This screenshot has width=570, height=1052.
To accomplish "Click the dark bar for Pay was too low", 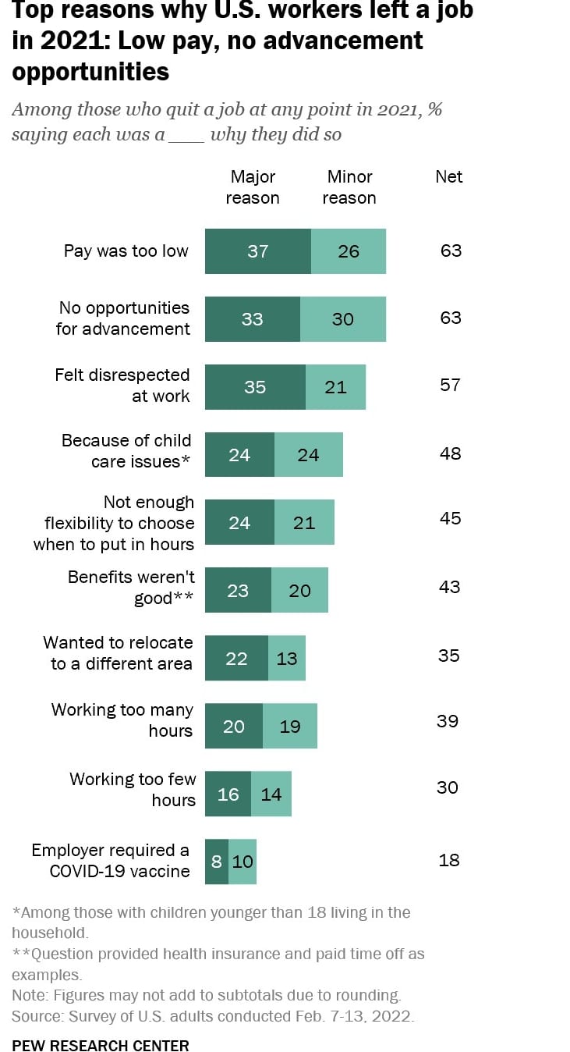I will click(257, 251).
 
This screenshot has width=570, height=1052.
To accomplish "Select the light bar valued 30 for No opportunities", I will click(342, 319).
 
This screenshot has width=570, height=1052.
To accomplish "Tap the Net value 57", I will click(450, 385).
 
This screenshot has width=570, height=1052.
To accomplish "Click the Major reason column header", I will click(252, 187).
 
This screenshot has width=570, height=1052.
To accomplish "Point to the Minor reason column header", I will click(349, 187).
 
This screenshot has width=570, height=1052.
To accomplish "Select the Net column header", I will click(448, 177).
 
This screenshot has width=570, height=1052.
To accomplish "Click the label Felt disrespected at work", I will click(122, 386).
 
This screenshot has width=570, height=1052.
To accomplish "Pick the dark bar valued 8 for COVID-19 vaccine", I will click(216, 862).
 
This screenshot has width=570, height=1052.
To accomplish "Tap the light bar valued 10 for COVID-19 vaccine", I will click(243, 862).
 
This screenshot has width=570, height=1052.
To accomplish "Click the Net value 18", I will click(449, 860).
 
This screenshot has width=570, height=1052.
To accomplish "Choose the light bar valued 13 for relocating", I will click(286, 658).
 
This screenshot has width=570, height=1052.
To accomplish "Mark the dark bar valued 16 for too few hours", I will click(228, 794).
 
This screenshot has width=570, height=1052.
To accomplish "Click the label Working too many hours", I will click(122, 720).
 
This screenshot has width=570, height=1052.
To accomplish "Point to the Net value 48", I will click(450, 453).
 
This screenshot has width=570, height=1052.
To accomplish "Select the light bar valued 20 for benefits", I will click(299, 591).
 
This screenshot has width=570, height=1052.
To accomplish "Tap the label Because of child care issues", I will click(126, 451).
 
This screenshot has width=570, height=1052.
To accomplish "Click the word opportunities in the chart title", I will click(90, 72).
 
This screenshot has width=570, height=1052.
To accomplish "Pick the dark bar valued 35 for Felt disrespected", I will click(255, 387).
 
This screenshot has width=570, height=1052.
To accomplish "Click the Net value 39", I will click(448, 721).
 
